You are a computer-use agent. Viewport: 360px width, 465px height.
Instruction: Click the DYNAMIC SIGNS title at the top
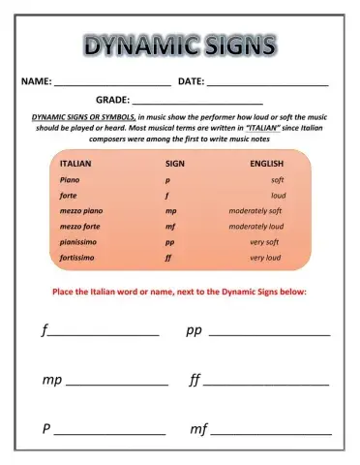(179, 45)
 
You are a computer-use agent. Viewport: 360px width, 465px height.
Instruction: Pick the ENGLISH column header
(266, 165)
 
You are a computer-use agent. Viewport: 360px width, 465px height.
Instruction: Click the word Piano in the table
(70, 180)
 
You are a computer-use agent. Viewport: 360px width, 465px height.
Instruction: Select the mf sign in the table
(170, 227)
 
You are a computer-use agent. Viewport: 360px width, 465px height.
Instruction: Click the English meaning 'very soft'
(264, 242)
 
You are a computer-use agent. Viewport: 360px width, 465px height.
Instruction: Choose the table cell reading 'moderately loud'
(255, 227)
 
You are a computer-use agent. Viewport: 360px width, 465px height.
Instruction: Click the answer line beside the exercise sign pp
(269, 334)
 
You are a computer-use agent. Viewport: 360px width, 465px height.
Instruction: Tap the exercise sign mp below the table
(51, 380)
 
